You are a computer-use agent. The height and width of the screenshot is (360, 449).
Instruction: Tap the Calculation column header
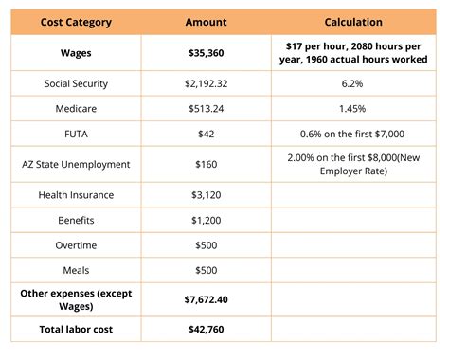353,21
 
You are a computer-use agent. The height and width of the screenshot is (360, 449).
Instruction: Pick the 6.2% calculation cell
353,83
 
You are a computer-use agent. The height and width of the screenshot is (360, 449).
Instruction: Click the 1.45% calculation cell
353,107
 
